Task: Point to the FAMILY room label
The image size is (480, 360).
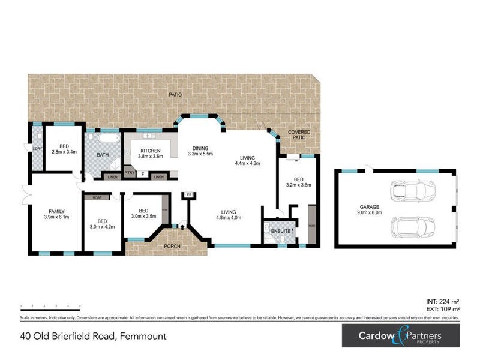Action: click(56, 211)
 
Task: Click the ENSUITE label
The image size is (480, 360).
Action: click(280, 231)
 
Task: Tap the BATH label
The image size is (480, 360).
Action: click(103, 155)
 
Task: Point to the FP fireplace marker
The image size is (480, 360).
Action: click(188, 196)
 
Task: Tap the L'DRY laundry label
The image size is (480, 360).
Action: click(37, 149)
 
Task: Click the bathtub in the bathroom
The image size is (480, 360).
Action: click(108, 139)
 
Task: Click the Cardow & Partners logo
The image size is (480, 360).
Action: click(400, 336)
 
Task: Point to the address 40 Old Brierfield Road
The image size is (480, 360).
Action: click(93, 337)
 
